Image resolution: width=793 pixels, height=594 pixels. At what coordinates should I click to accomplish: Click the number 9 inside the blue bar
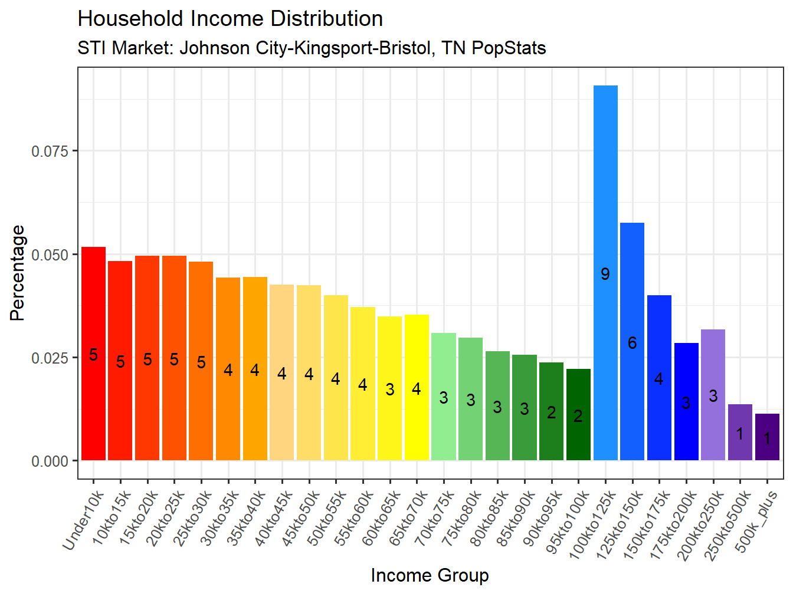(605, 274)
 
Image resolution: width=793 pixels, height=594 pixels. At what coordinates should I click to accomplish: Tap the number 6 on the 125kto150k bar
(632, 343)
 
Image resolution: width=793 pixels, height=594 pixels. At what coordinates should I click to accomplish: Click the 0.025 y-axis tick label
(50, 358)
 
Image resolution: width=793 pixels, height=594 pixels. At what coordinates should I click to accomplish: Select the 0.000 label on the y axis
(50, 461)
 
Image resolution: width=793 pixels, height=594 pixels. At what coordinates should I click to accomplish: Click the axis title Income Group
(430, 575)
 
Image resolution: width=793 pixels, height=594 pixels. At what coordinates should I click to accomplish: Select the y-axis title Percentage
(18, 273)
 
